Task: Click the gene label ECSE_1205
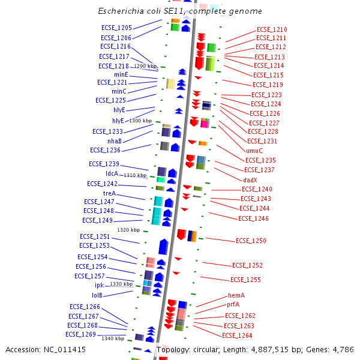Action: [x=116, y=28]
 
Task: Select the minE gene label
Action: [x=121, y=74]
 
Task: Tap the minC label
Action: [x=119, y=91]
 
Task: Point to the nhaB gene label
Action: [x=115, y=141]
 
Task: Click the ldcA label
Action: [x=112, y=173]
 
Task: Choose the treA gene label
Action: [x=109, y=193]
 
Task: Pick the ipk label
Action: [x=99, y=286]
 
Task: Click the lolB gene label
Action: [x=97, y=295]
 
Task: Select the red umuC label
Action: [x=254, y=151]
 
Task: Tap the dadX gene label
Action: [x=250, y=179]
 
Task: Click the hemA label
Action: [x=236, y=295]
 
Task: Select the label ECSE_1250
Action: [x=251, y=241]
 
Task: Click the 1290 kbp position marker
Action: [x=145, y=66]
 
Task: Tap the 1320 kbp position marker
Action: [x=128, y=230]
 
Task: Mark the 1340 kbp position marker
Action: [x=113, y=338]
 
